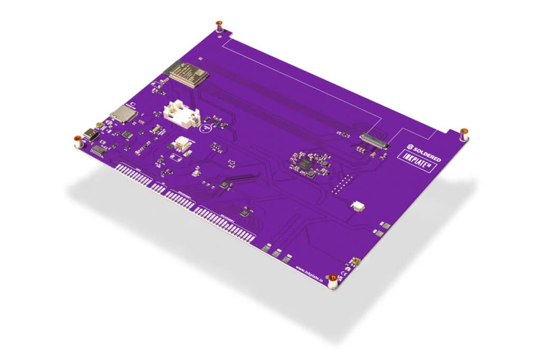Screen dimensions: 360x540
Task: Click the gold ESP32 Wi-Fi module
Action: (x=185, y=74)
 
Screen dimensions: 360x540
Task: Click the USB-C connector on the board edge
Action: (x=92, y=134)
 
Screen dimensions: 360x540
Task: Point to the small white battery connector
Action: (x=183, y=143)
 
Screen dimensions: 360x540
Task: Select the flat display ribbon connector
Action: (x=374, y=140)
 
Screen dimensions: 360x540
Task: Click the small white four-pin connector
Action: (x=359, y=206)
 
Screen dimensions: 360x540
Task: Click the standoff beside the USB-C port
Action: (x=78, y=141)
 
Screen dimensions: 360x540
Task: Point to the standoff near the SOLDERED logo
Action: (x=464, y=133)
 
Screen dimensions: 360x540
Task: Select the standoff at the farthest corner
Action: (x=219, y=26)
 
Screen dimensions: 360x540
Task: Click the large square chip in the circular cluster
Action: (x=305, y=164)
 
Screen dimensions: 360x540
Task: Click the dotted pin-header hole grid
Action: (x=343, y=185)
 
